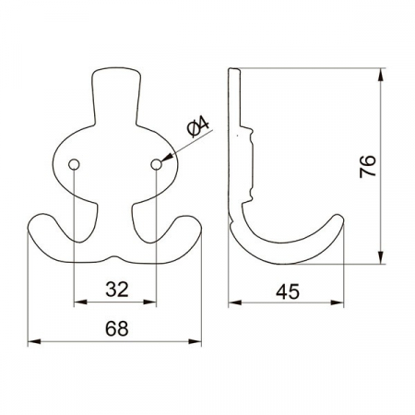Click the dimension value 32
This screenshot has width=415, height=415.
click(116, 289)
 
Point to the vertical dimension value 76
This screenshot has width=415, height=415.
click(367, 166)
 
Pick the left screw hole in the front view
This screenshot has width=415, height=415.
click(73, 163)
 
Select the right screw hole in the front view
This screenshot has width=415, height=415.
click(157, 163)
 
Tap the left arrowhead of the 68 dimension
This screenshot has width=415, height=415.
click(34, 341)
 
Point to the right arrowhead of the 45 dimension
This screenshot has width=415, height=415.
click(341, 301)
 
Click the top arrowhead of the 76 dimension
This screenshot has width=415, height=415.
click(381, 72)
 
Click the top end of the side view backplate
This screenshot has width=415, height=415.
click(234, 70)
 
